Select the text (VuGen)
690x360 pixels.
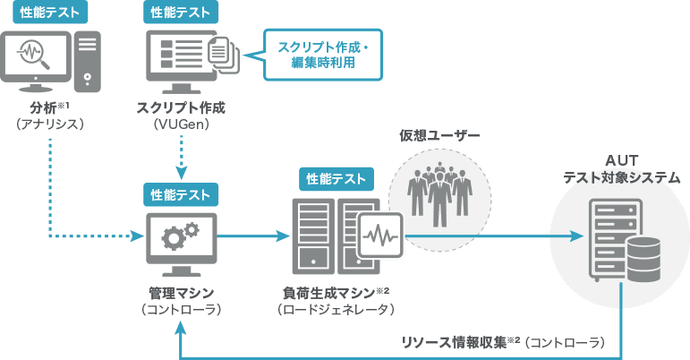pyautogui.click(x=181, y=125)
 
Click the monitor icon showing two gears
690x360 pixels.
pyautogui.click(x=179, y=242)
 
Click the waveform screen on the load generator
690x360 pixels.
pyautogui.click(x=379, y=237)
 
